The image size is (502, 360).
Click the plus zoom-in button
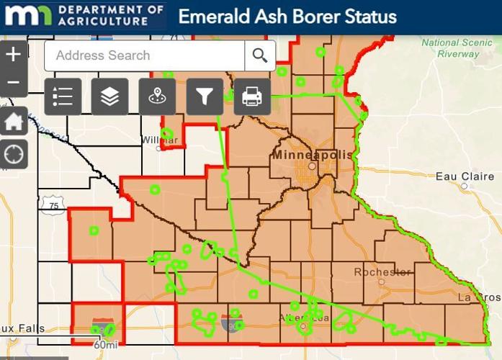pos(14,53)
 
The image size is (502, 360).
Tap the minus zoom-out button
pos(14,82)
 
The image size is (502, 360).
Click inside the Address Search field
pos(144,55)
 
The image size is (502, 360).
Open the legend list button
pos(63,96)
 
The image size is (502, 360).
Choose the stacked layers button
pos(109,96)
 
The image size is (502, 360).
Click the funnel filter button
pos(205,96)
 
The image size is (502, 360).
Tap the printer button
pos(252,96)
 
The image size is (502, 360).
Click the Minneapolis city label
pos(312,155)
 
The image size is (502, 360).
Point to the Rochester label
pos(382,272)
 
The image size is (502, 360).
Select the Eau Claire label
pos(465,176)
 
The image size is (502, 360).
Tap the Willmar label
pos(159,139)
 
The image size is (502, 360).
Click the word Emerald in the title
pos(212,17)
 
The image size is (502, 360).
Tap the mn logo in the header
pos(27,16)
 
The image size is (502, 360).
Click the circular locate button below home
pos(14,153)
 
